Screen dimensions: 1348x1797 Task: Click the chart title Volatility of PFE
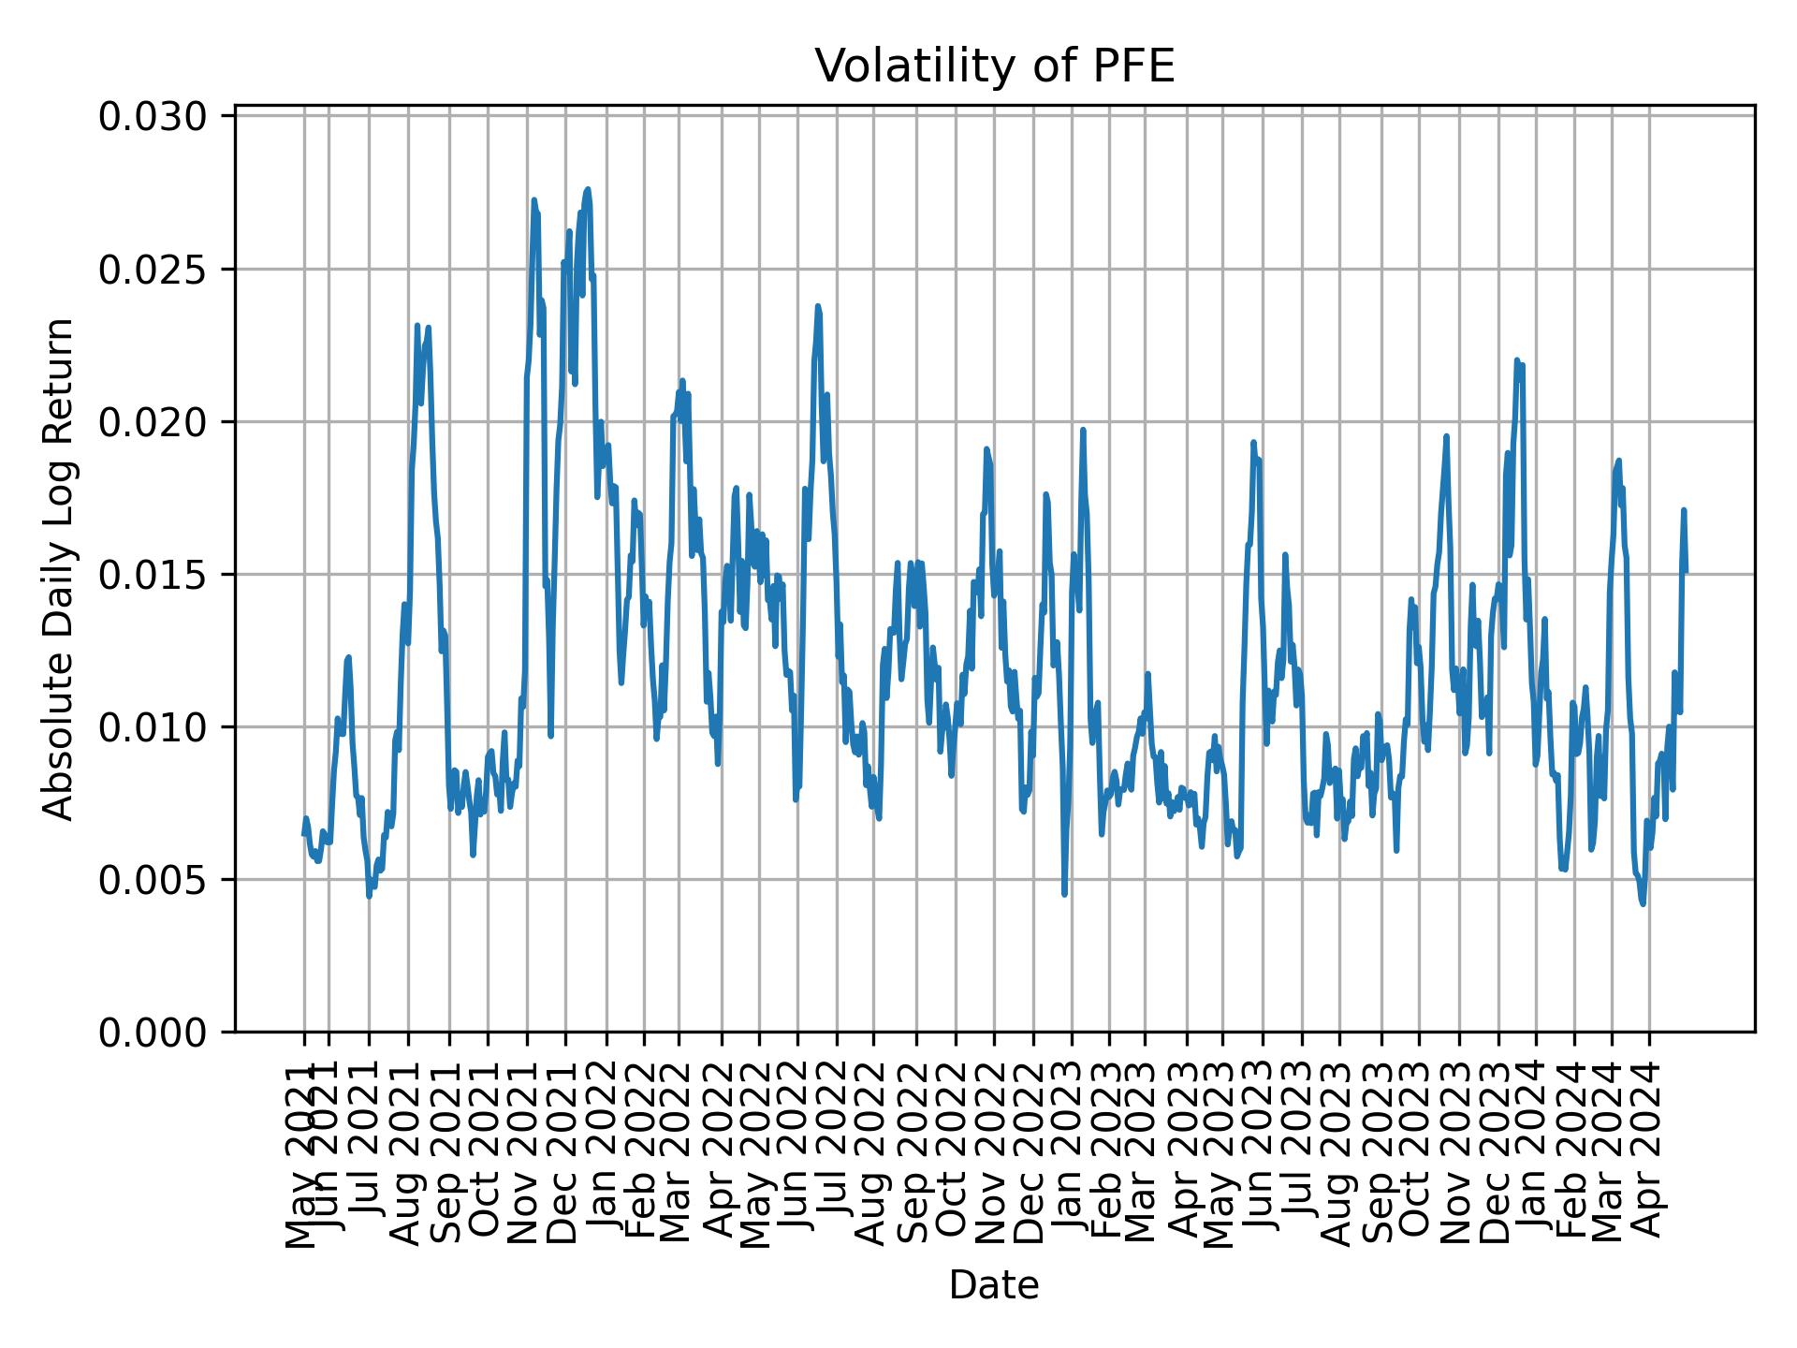click(994, 66)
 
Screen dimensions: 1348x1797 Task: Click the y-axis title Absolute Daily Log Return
click(60, 569)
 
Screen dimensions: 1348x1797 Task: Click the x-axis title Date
click(994, 1285)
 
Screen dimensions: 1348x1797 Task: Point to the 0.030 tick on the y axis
click(153, 117)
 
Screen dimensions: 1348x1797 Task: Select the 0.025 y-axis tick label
click(153, 270)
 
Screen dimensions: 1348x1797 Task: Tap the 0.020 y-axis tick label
click(153, 422)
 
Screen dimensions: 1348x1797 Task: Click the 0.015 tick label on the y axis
click(153, 575)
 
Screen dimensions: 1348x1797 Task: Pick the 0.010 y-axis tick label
click(153, 727)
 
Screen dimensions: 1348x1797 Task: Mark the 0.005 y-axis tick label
click(153, 880)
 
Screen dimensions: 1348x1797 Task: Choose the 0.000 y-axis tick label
click(153, 1032)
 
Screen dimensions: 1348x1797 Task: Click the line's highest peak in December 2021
click(588, 189)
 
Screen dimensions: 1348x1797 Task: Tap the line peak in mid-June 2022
click(818, 306)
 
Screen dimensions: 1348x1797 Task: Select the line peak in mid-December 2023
click(1516, 359)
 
